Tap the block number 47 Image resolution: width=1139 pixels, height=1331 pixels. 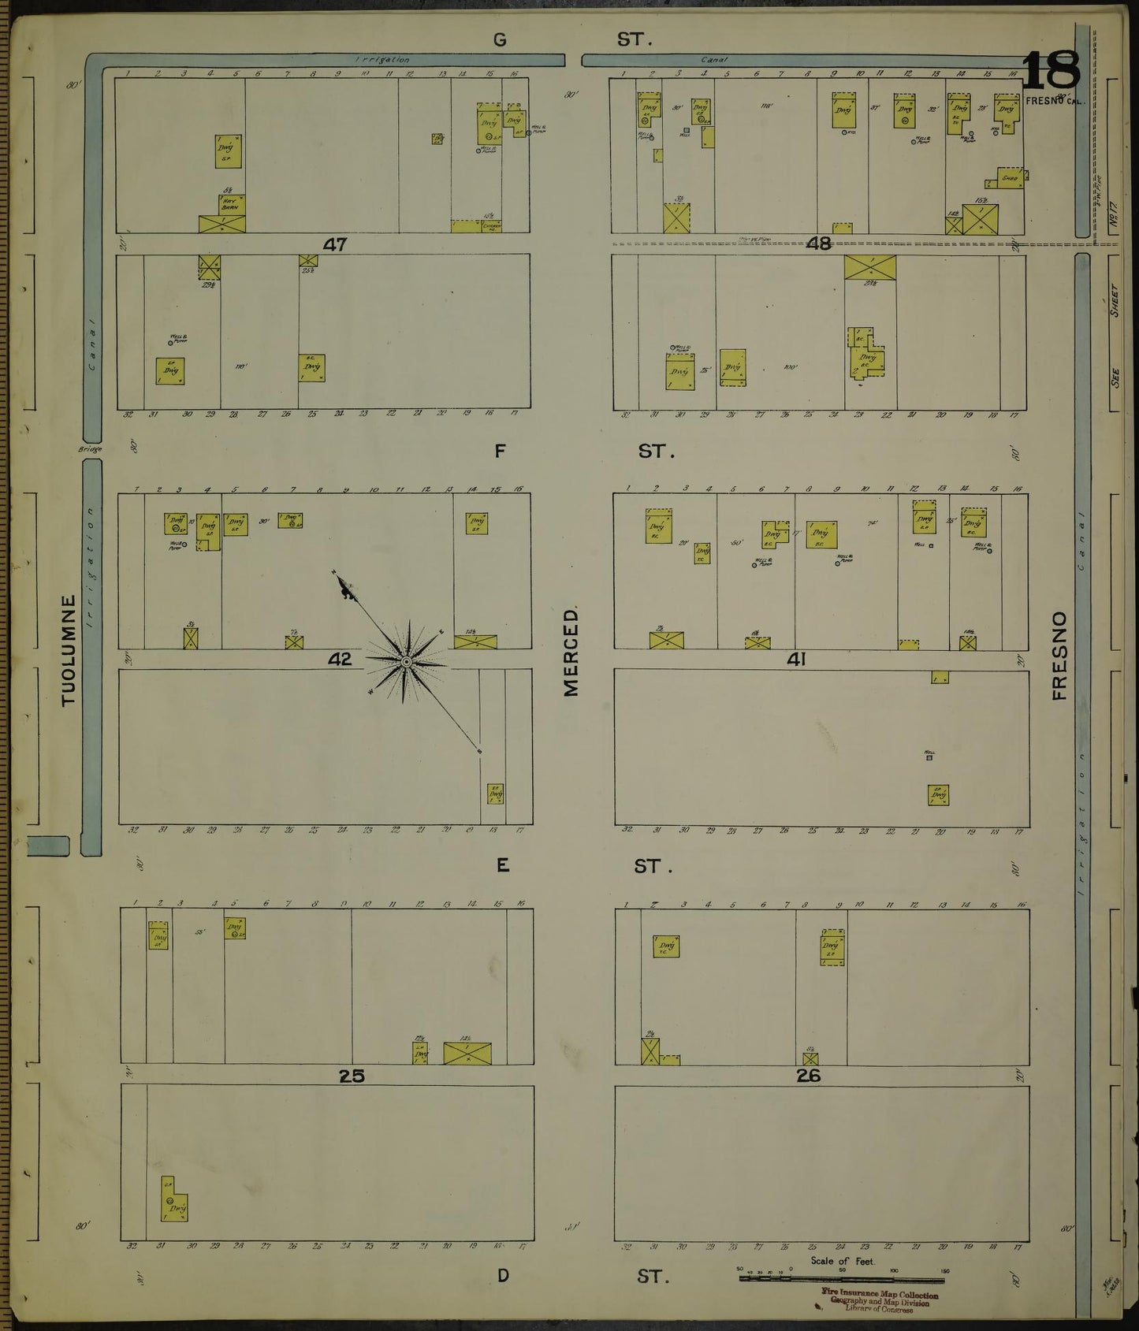(335, 245)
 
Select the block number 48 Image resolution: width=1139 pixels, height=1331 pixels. (818, 244)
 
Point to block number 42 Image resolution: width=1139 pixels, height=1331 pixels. (340, 660)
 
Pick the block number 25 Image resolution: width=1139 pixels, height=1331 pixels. (352, 1076)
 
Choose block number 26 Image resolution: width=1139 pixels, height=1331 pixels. (809, 1076)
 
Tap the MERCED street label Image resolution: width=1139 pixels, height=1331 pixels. (571, 651)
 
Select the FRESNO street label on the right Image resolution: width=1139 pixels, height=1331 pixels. (1059, 655)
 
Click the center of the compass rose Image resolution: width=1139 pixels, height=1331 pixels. (405, 662)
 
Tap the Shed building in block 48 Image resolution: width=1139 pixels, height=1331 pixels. (1010, 178)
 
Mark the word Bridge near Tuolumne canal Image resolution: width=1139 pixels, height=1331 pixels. (90, 449)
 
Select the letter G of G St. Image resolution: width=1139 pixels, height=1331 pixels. (500, 39)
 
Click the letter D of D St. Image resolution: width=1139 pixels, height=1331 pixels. (502, 1276)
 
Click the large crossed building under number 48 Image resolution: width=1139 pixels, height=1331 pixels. (869, 266)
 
